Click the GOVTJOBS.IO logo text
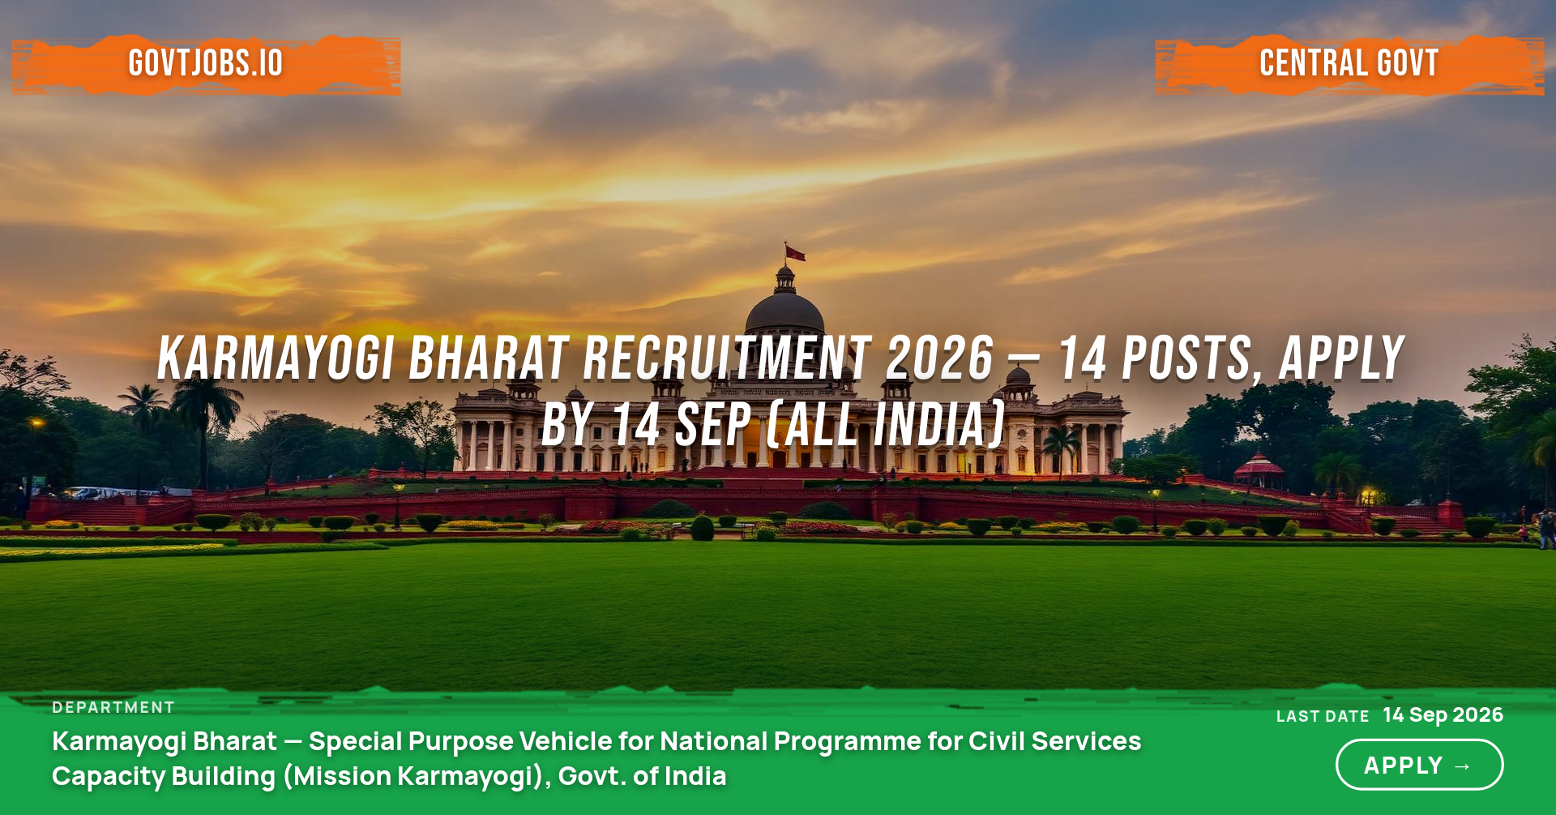(206, 63)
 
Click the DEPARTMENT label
(113, 707)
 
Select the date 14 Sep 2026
(1443, 714)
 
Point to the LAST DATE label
(1323, 716)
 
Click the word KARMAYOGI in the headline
(276, 358)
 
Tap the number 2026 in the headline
(940, 358)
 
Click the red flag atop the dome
(795, 253)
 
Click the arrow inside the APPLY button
(1463, 766)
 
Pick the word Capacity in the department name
(109, 777)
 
